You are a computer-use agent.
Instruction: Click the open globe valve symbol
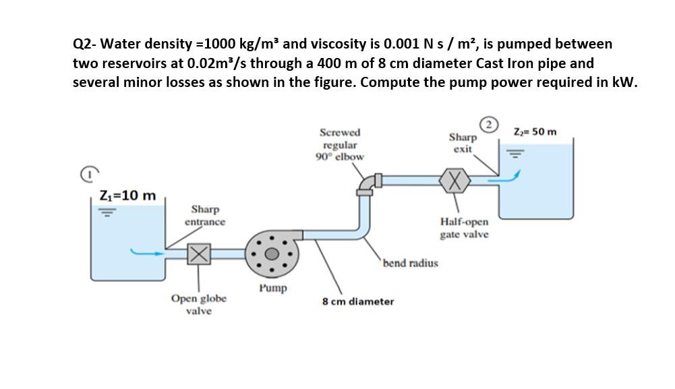coord(197,254)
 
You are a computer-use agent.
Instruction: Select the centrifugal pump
coord(272,254)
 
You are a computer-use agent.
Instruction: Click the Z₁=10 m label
coord(127,196)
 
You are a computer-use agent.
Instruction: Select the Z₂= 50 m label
coord(535,131)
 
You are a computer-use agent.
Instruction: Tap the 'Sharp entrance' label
coord(204,215)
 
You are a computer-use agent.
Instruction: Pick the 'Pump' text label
coord(272,288)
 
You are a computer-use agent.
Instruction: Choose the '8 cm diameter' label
coord(358,301)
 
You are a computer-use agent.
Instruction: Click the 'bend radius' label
coord(410,263)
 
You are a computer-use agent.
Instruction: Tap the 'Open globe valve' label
coord(199,304)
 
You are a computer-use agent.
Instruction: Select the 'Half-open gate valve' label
coord(465,228)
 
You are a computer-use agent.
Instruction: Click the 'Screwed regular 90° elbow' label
coord(340,144)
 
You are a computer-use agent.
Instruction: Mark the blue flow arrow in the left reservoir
coord(148,253)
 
